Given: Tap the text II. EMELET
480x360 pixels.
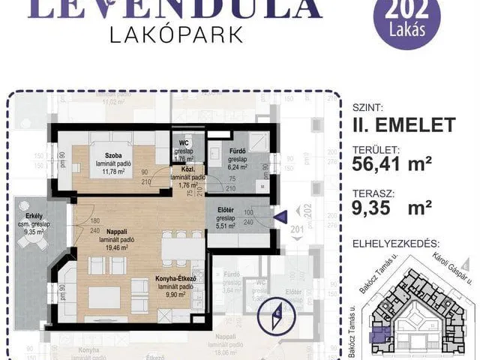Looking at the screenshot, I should (x=401, y=124).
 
